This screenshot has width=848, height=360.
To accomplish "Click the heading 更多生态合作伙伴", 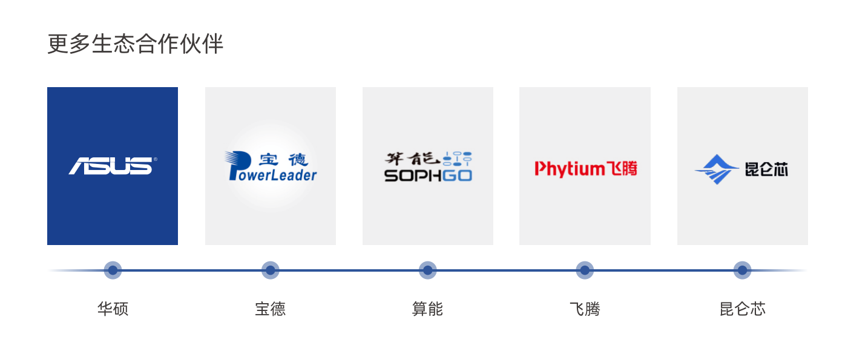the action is tap(135, 44).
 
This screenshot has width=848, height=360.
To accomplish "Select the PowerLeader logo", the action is tap(271, 166).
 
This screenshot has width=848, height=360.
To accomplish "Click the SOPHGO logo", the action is tap(428, 166).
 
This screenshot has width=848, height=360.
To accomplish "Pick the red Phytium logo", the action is tap(586, 169).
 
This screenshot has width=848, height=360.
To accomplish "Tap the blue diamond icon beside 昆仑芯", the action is tap(716, 169).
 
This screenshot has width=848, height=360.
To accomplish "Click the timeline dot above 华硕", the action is tap(113, 270).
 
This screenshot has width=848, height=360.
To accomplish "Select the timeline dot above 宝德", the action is tap(271, 270).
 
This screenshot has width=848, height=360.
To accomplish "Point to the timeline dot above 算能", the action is tap(428, 270).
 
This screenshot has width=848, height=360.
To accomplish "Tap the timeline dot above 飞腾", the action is tap(585, 270).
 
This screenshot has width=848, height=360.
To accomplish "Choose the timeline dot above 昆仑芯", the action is tap(743, 270).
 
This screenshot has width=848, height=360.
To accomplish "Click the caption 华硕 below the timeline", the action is tap(113, 309).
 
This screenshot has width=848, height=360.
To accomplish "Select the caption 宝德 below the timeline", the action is tap(271, 309).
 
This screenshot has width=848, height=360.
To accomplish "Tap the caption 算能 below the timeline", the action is tap(427, 309).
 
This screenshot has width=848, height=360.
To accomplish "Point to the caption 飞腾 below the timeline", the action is tap(585, 309).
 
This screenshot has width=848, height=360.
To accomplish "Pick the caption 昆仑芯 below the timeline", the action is tap(743, 309).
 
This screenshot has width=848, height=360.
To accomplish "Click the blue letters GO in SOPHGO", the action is tap(458, 175).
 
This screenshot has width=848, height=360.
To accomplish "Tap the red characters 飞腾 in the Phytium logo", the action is tap(622, 168).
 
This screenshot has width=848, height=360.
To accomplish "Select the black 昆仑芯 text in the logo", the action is tap(767, 169).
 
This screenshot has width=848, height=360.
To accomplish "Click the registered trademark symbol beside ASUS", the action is tap(155, 159).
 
